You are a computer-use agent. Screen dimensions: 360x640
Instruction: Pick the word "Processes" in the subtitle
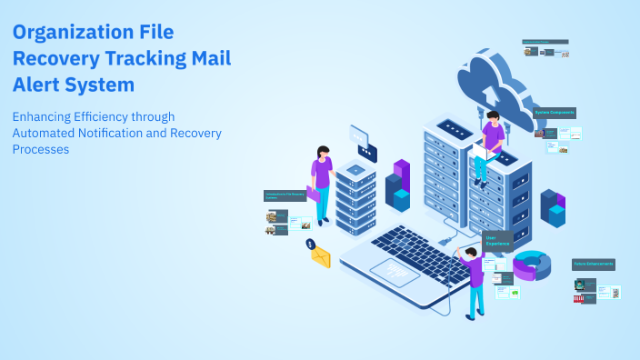click(x=41, y=149)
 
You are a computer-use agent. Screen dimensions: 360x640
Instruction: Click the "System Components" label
click(x=555, y=113)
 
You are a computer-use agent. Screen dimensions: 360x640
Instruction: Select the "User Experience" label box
click(x=497, y=241)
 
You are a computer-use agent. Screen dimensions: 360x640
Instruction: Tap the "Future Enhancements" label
click(x=594, y=265)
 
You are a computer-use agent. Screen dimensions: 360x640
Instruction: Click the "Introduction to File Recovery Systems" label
click(x=284, y=195)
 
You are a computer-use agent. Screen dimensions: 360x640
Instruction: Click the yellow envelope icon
click(x=321, y=257)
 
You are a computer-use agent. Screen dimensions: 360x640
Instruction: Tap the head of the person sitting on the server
click(x=493, y=117)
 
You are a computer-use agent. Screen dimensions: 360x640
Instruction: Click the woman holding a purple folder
click(x=321, y=177)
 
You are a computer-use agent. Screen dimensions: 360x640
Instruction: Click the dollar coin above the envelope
click(x=310, y=244)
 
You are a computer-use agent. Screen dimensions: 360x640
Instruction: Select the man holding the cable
click(x=474, y=277)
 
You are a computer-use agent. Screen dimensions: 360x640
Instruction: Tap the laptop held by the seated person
click(x=481, y=155)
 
